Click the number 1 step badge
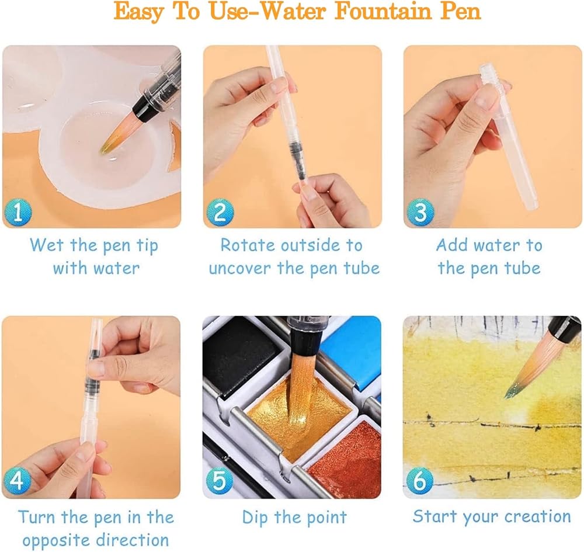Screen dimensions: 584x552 click(18, 212)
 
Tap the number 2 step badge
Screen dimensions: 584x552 click(220, 212)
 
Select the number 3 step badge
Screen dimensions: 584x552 click(420, 212)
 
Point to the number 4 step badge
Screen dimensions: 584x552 click(17, 481)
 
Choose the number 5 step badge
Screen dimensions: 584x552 click(220, 481)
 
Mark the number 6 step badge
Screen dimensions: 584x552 click(420, 481)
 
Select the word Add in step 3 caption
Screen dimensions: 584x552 click(452, 245)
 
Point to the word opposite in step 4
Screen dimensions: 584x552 click(56, 540)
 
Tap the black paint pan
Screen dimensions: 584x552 click(242, 357)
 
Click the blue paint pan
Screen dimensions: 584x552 click(354, 354)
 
